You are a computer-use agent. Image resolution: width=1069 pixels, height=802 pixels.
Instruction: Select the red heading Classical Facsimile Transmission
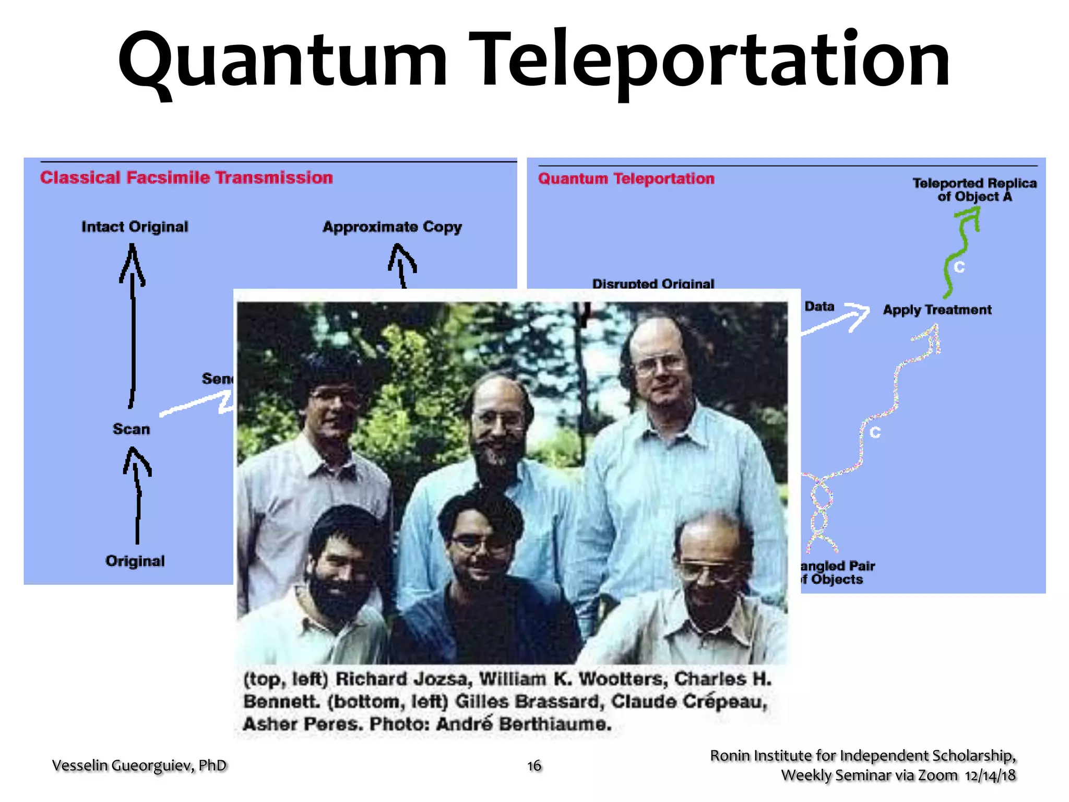tap(186, 178)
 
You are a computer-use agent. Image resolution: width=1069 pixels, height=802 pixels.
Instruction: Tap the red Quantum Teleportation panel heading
tap(626, 179)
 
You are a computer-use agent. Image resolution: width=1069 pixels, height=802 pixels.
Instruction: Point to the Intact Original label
tap(135, 227)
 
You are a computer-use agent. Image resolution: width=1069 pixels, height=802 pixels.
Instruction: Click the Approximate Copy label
tap(392, 227)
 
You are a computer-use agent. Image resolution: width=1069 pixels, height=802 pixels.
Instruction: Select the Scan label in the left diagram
tap(131, 429)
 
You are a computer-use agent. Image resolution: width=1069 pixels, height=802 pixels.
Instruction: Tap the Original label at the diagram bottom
tap(135, 561)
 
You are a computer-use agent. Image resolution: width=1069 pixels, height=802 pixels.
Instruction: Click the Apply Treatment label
tap(937, 310)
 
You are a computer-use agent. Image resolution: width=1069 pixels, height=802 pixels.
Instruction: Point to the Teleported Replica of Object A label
tap(974, 190)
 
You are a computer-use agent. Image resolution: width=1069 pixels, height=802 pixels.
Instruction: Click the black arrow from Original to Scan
tap(137, 496)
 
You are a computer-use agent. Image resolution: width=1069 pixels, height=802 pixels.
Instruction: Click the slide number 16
tap(534, 765)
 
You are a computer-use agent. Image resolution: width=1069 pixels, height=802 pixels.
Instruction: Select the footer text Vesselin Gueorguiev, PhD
tap(139, 765)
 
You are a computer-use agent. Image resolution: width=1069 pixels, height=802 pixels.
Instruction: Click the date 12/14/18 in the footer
tap(990, 775)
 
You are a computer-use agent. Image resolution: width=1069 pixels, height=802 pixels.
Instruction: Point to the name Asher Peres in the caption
tap(303, 724)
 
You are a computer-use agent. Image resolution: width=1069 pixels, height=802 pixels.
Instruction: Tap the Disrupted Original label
tap(653, 284)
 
